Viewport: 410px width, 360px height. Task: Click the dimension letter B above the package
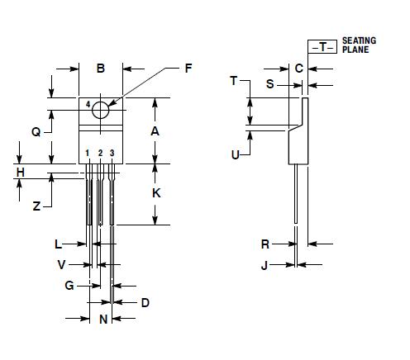coord(100,69)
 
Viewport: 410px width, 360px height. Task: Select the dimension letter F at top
coord(188,69)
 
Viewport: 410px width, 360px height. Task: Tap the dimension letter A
coord(155,131)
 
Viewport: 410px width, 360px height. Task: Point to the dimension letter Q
coord(36,131)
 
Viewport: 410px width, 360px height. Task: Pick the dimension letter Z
coord(36,207)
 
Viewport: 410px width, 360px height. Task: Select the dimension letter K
coord(155,192)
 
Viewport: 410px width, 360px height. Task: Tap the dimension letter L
coord(58,244)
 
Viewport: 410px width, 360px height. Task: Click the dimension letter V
coord(61,265)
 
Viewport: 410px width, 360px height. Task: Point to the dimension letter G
coord(70,286)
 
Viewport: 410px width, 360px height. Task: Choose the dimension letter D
coord(145,303)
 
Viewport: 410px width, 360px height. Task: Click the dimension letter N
coord(103,320)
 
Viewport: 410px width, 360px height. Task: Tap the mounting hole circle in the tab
coord(100,110)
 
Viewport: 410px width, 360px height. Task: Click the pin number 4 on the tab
coord(88,103)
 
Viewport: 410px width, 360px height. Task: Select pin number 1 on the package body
coord(88,154)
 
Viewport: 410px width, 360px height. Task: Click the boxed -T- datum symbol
coord(323,46)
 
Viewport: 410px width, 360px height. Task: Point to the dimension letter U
coord(236,154)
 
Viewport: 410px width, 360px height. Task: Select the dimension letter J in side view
coord(265,265)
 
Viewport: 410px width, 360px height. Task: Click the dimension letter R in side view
coord(265,244)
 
